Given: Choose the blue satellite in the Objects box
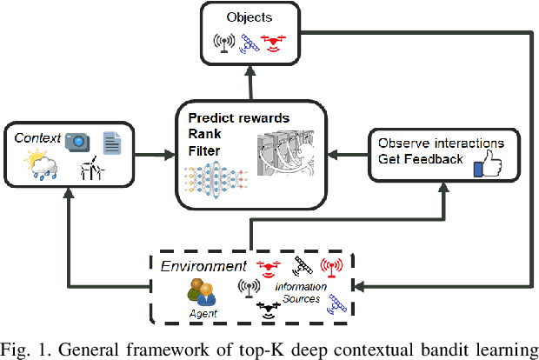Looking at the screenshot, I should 249,40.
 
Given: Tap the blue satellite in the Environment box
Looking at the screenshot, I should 337,303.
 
